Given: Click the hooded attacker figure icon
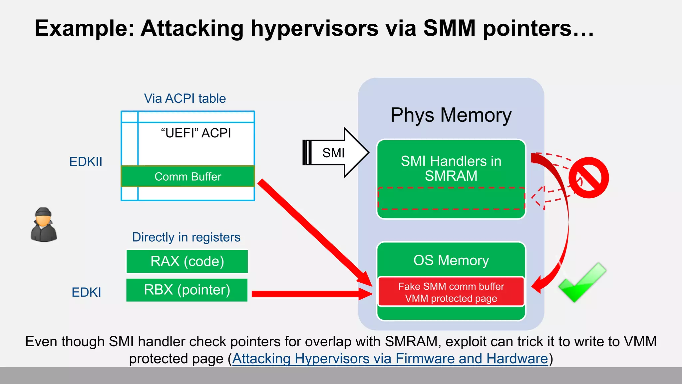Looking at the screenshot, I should click(x=44, y=225).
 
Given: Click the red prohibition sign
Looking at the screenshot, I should click(x=588, y=178).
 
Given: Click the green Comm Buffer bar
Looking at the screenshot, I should click(x=188, y=176).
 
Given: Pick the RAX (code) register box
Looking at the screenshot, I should click(x=187, y=261).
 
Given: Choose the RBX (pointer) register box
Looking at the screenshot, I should click(x=187, y=290).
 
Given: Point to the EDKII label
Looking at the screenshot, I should click(x=86, y=162).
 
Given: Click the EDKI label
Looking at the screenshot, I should click(x=86, y=292).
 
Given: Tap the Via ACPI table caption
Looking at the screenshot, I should click(x=185, y=98).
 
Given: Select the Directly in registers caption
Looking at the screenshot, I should click(x=186, y=237).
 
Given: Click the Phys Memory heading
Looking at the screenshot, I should click(x=451, y=115).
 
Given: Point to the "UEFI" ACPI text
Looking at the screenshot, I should click(x=196, y=133).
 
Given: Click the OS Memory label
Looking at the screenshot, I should click(x=451, y=260).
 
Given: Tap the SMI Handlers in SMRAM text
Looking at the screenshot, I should click(x=451, y=168).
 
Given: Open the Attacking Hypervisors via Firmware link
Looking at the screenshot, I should click(x=390, y=359).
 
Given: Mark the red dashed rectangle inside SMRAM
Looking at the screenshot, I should click(x=451, y=199).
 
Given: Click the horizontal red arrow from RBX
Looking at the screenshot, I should click(x=310, y=294).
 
